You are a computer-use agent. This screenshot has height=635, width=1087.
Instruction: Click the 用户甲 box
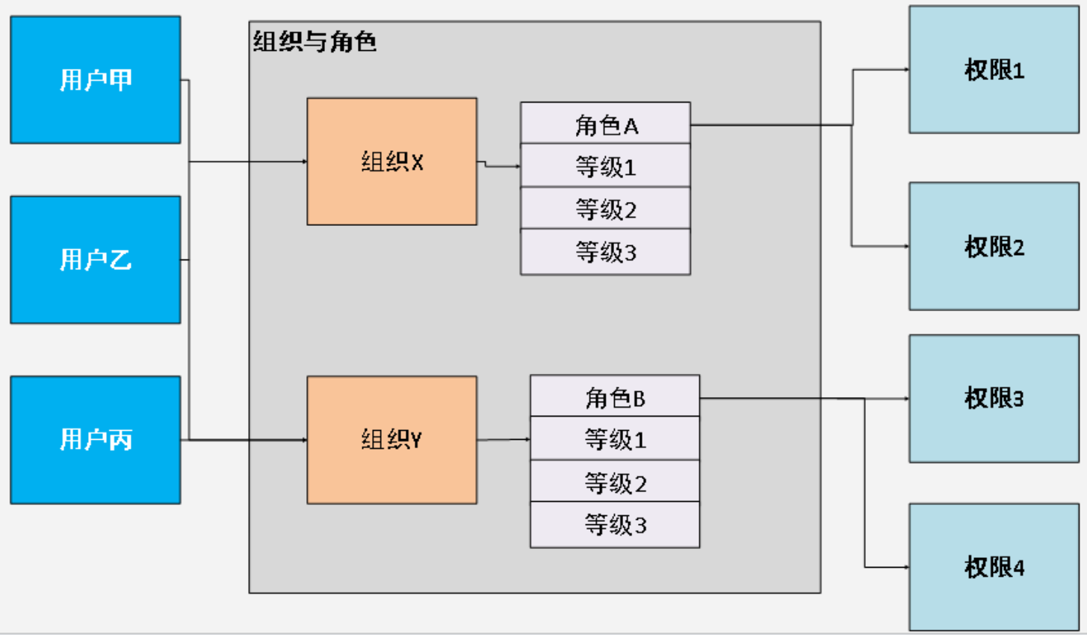pyautogui.click(x=96, y=80)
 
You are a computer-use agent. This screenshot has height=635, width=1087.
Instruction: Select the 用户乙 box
pyautogui.click(x=96, y=260)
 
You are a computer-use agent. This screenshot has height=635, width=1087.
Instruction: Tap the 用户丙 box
pyautogui.click(x=96, y=440)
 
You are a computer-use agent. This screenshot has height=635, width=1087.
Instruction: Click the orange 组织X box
pyautogui.click(x=392, y=162)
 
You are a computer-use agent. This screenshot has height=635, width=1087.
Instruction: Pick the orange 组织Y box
pyautogui.click(x=392, y=440)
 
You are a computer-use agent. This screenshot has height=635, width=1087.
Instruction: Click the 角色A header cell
pyautogui.click(x=606, y=123)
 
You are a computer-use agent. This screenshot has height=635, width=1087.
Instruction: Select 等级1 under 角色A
pyautogui.click(x=606, y=165)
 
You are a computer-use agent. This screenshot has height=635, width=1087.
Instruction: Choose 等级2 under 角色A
pyautogui.click(x=606, y=208)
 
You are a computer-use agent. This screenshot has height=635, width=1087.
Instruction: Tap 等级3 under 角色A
pyautogui.click(x=606, y=252)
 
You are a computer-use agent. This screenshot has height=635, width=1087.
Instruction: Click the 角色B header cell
pyautogui.click(x=615, y=396)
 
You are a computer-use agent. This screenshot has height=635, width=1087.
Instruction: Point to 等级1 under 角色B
pyautogui.click(x=615, y=438)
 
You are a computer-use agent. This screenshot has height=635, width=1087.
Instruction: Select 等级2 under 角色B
pyautogui.click(x=615, y=481)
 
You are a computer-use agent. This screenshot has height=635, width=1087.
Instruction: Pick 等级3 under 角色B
pyautogui.click(x=615, y=525)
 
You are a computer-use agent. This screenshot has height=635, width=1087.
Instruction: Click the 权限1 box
pyautogui.click(x=994, y=70)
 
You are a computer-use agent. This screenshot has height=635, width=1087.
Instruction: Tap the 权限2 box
pyautogui.click(x=994, y=246)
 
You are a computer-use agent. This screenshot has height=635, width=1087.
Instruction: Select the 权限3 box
pyautogui.click(x=994, y=399)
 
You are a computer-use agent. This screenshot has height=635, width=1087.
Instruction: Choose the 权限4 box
pyautogui.click(x=994, y=567)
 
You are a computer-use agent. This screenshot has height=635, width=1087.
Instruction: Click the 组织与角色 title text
pyautogui.click(x=315, y=41)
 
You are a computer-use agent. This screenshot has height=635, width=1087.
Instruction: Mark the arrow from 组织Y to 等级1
pyautogui.click(x=504, y=440)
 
